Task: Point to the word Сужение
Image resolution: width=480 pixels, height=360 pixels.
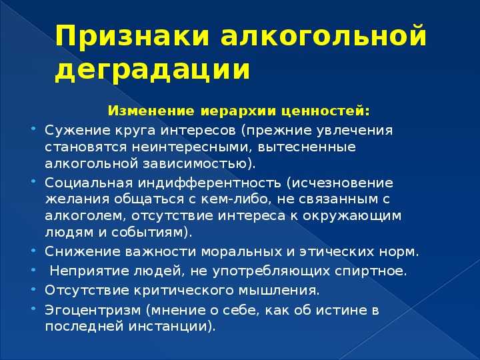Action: (x=78, y=131)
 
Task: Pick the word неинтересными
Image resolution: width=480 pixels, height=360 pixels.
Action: (x=193, y=147)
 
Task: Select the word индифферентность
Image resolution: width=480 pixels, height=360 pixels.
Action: (x=209, y=183)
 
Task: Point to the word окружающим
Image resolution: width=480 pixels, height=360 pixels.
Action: (x=352, y=216)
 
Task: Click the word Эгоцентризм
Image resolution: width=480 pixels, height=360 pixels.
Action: (x=93, y=311)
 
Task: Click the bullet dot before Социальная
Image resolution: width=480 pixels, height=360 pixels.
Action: (x=33, y=181)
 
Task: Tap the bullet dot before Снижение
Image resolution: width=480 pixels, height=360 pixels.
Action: (x=33, y=250)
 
